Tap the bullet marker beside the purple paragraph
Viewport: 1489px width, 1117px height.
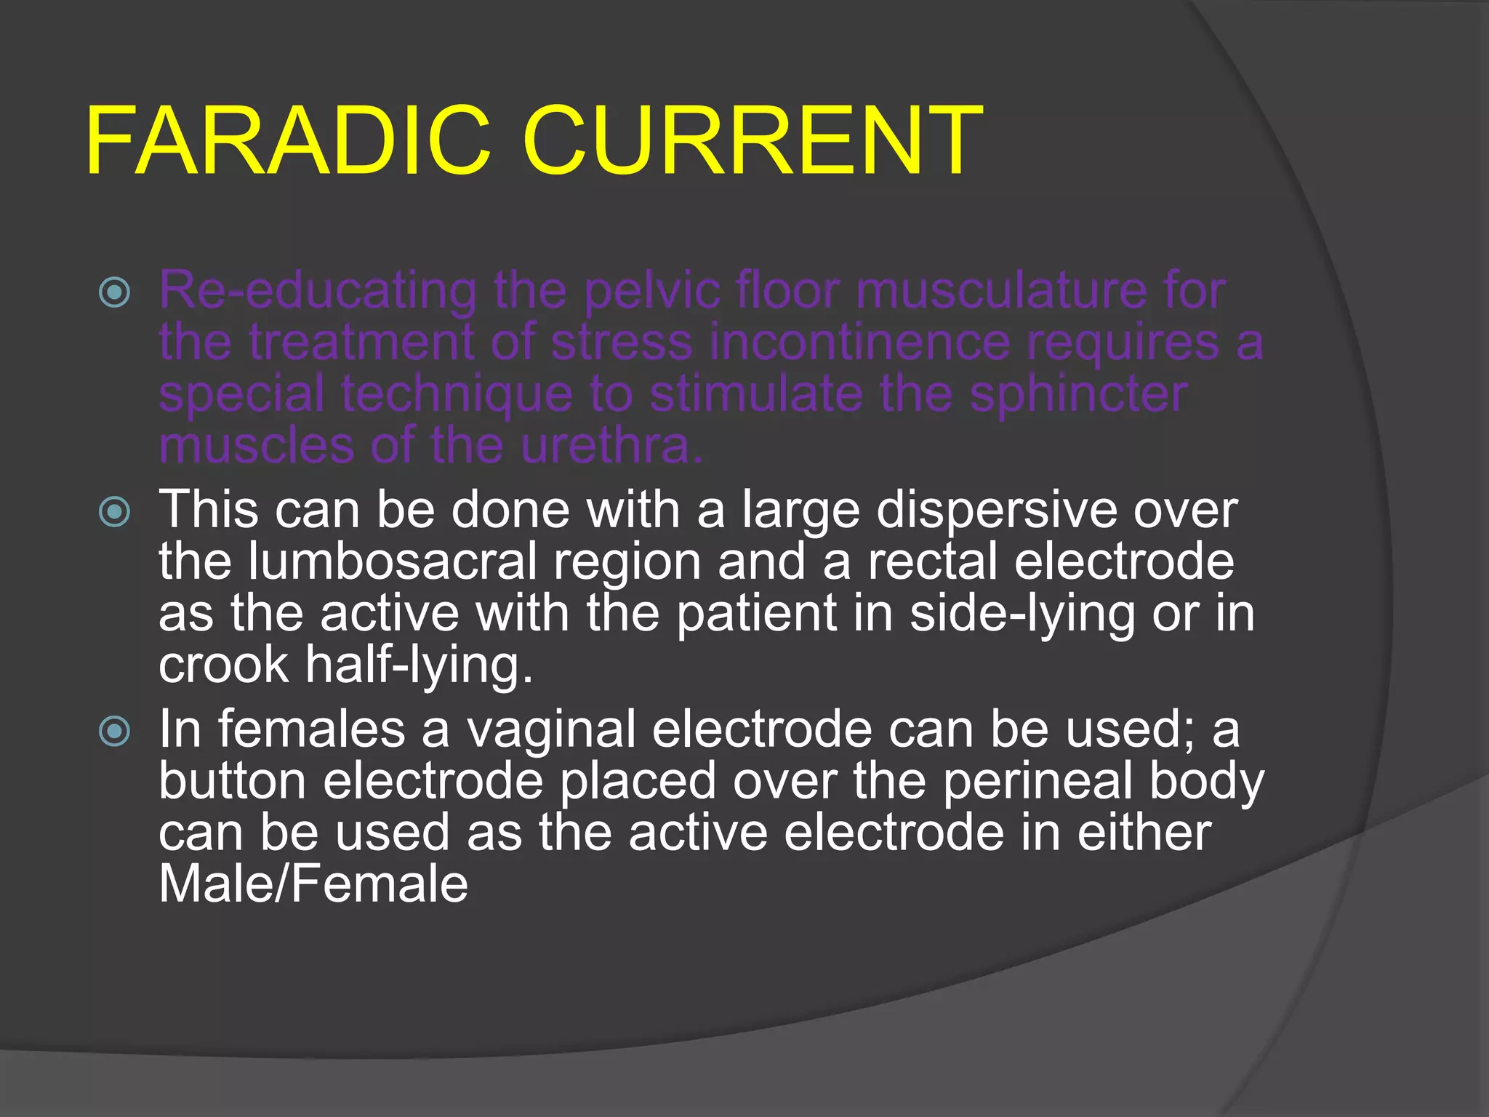(x=115, y=292)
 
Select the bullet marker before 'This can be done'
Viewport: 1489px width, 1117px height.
(x=115, y=512)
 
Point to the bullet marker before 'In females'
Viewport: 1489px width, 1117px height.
(x=115, y=731)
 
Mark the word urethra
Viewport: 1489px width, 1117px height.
(x=611, y=446)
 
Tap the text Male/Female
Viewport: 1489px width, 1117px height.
(x=313, y=884)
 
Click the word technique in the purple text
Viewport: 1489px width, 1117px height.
(x=457, y=394)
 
